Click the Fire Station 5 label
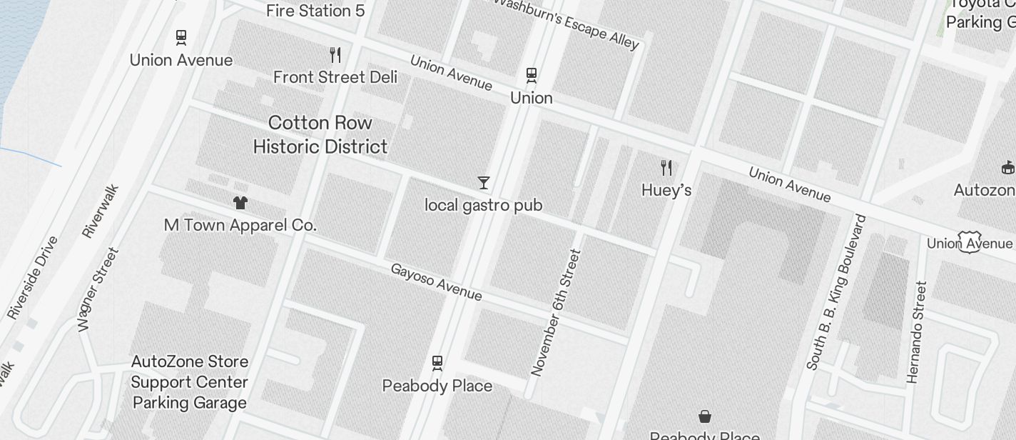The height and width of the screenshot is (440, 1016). pyautogui.click(x=315, y=11)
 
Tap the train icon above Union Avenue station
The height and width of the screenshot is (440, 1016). pyautogui.click(x=181, y=37)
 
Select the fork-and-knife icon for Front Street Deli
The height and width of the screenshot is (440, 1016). pyautogui.click(x=335, y=54)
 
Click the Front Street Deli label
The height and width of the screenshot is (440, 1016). pyautogui.click(x=335, y=77)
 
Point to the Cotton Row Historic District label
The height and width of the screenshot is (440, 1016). pyautogui.click(x=320, y=134)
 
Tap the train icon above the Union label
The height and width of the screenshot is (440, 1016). pyautogui.click(x=532, y=74)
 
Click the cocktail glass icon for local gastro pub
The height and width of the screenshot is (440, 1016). pyautogui.click(x=484, y=183)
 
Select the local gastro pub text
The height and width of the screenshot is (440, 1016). pyautogui.click(x=484, y=206)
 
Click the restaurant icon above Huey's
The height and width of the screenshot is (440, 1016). pyautogui.click(x=666, y=168)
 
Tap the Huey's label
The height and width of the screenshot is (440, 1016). pyautogui.click(x=666, y=191)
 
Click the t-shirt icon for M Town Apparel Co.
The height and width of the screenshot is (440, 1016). pyautogui.click(x=240, y=203)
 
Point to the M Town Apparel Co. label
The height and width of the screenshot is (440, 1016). pyautogui.click(x=240, y=225)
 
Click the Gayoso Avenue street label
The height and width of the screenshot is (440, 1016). pyautogui.click(x=436, y=282)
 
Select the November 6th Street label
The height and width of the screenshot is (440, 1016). pyautogui.click(x=557, y=312)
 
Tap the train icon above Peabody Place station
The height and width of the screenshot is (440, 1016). pyautogui.click(x=437, y=363)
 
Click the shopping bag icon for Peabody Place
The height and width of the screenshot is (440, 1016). pyautogui.click(x=705, y=416)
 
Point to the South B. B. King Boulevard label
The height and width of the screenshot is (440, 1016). pyautogui.click(x=835, y=292)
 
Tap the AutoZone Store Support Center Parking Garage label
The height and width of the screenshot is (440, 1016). pyautogui.click(x=190, y=382)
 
